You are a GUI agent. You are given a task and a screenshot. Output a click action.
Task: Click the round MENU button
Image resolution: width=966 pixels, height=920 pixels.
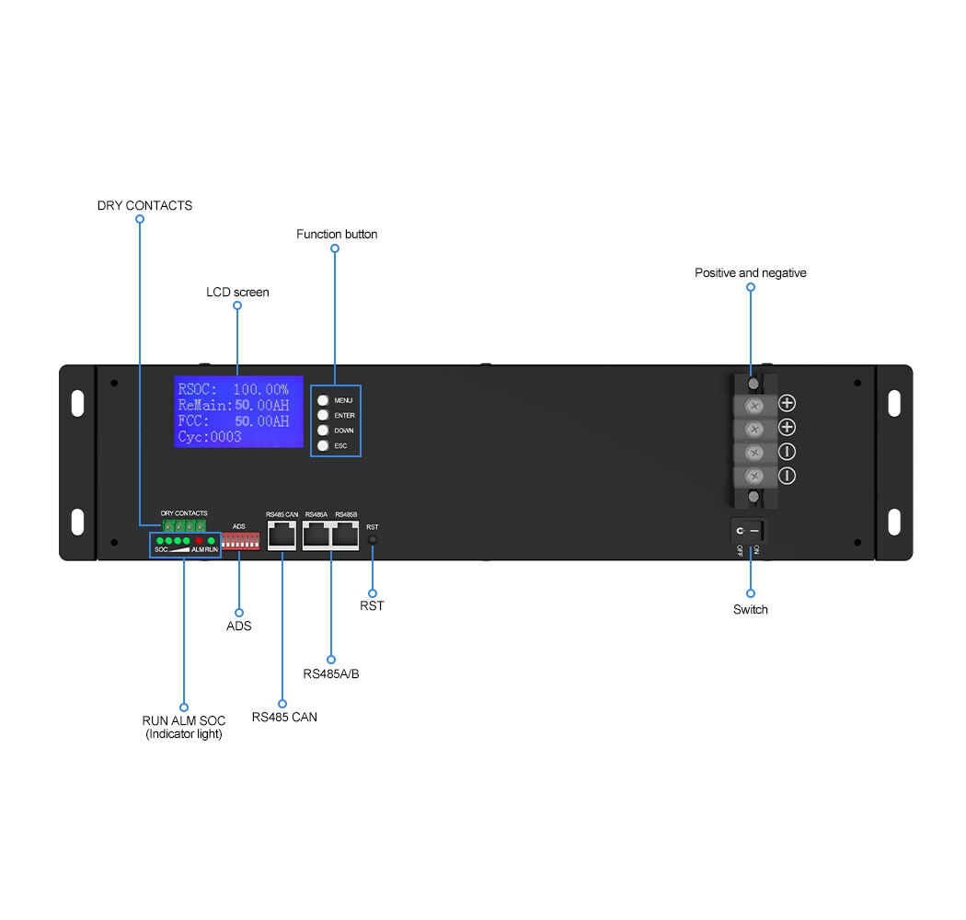pyautogui.click(x=323, y=401)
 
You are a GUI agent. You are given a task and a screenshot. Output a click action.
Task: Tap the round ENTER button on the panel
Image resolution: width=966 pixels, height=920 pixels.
pyautogui.click(x=323, y=416)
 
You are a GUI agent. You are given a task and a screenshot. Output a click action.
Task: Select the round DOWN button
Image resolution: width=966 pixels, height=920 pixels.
pyautogui.click(x=323, y=431)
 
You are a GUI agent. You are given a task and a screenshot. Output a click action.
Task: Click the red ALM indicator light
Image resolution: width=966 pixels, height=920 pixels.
pyautogui.click(x=199, y=540)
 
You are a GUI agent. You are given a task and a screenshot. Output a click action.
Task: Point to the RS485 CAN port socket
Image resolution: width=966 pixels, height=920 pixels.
pyautogui.click(x=282, y=534)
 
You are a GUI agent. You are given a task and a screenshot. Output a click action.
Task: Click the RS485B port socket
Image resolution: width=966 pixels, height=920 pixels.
pyautogui.click(x=346, y=534)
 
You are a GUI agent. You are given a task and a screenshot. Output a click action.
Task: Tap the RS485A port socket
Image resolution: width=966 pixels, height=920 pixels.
pyautogui.click(x=316, y=534)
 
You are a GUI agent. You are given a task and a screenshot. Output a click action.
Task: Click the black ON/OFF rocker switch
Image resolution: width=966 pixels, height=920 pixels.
pyautogui.click(x=749, y=531)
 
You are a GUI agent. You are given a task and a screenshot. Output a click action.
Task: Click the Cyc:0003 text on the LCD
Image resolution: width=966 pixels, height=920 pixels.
pyautogui.click(x=210, y=437)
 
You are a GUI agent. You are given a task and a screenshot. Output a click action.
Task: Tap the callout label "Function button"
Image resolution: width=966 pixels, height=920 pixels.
pyautogui.click(x=337, y=235)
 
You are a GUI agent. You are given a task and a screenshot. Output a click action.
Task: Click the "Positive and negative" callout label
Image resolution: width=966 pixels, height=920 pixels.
pyautogui.click(x=750, y=273)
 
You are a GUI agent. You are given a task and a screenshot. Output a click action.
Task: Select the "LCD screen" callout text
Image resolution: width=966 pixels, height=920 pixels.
pyautogui.click(x=237, y=293)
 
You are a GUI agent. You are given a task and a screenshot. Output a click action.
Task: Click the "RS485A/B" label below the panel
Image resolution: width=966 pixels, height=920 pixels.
pyautogui.click(x=331, y=674)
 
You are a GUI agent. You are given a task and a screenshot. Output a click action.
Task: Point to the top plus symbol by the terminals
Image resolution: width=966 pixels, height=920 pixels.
pyautogui.click(x=788, y=403)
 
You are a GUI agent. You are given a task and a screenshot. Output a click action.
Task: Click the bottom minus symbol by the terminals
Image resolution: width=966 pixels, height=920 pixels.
pyautogui.click(x=788, y=476)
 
